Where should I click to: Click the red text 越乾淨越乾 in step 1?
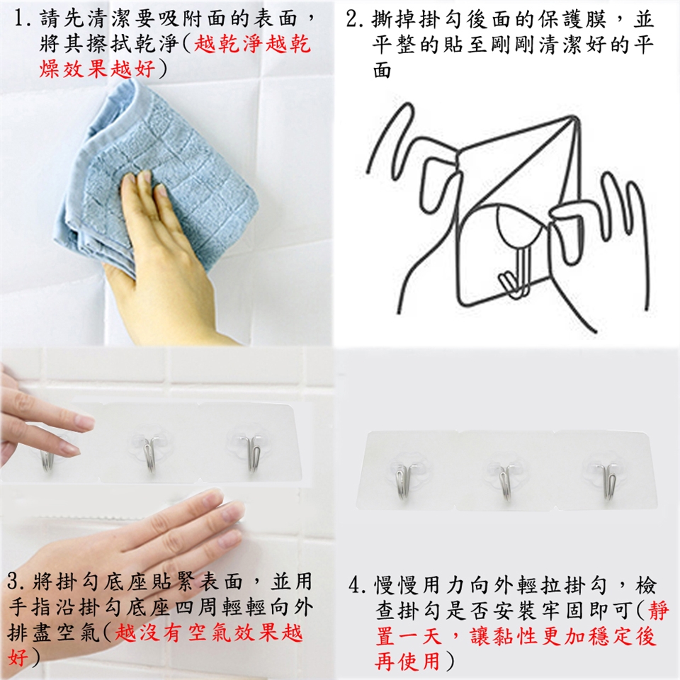pos(252,44)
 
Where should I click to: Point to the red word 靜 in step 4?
pos(659,611)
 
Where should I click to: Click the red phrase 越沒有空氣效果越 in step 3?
pos(208,633)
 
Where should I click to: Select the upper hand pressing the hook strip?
pos(43,427)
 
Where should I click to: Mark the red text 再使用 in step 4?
pos(408,661)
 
